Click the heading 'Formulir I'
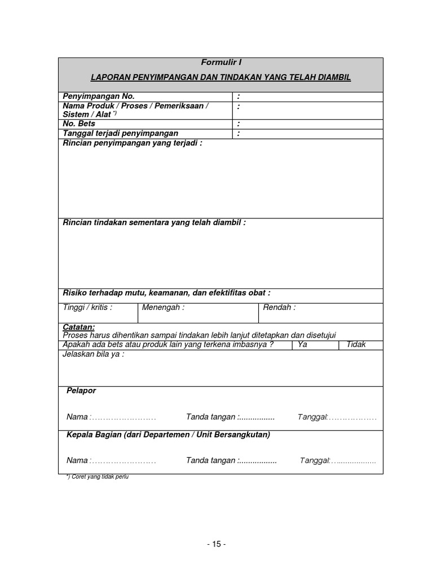coord(221,63)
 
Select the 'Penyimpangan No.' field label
coord(99,97)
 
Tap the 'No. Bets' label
coord(79,124)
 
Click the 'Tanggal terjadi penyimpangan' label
coord(121,133)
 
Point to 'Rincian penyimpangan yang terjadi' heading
coord(132,143)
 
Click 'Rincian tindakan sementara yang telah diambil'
coord(154,222)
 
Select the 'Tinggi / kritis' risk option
coord(87,308)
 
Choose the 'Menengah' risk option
coord(163,308)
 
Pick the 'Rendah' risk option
coord(279,308)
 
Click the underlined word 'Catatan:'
coord(79,327)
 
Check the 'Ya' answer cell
coord(303,344)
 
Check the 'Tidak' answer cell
coord(356,344)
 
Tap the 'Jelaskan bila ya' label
coord(94,354)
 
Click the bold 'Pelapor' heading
coord(81,391)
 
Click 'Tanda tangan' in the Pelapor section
coord(211,417)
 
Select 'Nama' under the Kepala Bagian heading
coord(77,461)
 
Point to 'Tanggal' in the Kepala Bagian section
coord(315,461)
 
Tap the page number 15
coord(216,544)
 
